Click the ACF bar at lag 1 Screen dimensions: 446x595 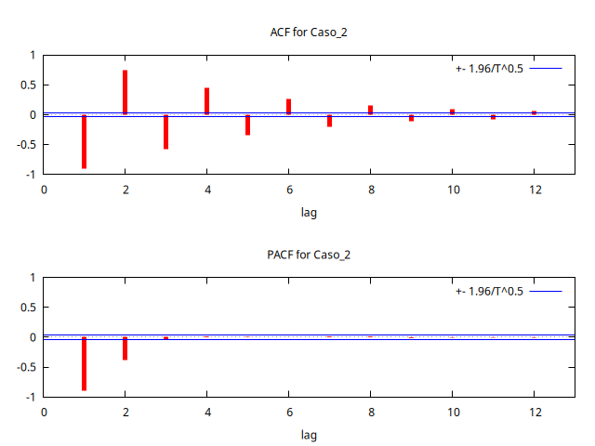84,141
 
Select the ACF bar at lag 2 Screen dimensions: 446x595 125,92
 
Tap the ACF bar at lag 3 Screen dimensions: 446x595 165,131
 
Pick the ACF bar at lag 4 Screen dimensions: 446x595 206,101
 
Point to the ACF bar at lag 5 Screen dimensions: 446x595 247,125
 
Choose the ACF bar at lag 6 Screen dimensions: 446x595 288,107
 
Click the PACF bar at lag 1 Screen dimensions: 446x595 84,363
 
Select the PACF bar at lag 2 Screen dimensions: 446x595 125,348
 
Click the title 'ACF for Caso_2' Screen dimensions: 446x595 309,33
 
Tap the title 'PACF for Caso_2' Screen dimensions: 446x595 309,255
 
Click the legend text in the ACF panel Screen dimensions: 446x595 489,69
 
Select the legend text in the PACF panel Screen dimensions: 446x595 489,291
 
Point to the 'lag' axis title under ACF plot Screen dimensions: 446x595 309,212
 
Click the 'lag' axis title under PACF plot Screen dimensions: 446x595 309,434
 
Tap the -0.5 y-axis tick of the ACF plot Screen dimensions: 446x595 26,144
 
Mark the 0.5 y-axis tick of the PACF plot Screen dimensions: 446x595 28,308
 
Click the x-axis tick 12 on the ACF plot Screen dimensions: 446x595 534,190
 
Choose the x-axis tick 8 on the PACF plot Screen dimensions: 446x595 370,412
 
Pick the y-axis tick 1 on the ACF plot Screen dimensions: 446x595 33,55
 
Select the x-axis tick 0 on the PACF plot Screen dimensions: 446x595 43,412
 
